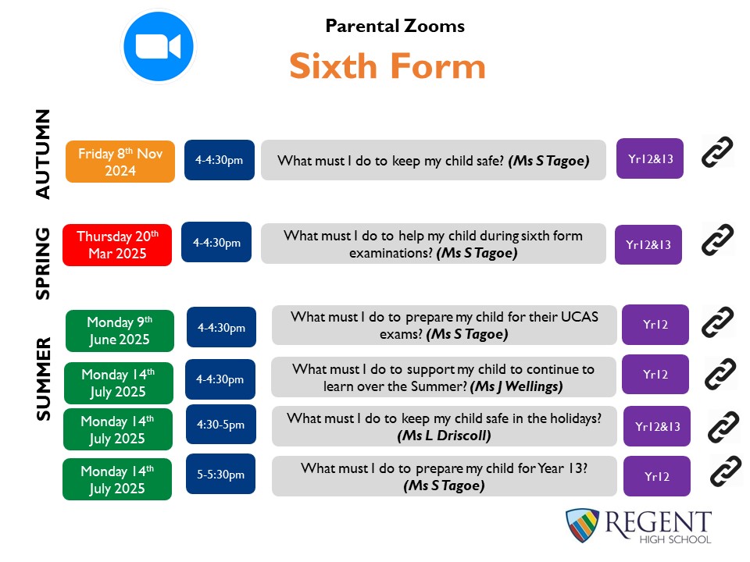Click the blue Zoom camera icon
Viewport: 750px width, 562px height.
click(159, 46)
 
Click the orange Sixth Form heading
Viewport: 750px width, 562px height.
click(387, 66)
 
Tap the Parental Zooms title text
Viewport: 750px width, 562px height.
click(395, 26)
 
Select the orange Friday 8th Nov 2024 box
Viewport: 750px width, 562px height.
click(120, 162)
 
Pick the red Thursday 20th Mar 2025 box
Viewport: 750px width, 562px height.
click(117, 244)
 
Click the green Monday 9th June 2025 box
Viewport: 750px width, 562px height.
click(120, 331)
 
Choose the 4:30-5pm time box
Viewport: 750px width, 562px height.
click(220, 425)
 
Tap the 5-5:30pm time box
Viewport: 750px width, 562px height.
click(220, 474)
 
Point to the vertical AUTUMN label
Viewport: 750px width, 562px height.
click(42, 154)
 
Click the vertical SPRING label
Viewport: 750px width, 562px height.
click(42, 263)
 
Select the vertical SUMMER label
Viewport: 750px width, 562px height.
click(43, 379)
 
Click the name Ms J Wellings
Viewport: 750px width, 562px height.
click(516, 386)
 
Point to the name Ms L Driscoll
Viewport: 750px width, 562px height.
click(444, 436)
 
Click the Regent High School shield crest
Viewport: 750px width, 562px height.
click(582, 525)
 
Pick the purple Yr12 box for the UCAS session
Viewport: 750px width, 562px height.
click(655, 325)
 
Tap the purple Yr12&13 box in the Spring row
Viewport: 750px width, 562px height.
click(648, 244)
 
